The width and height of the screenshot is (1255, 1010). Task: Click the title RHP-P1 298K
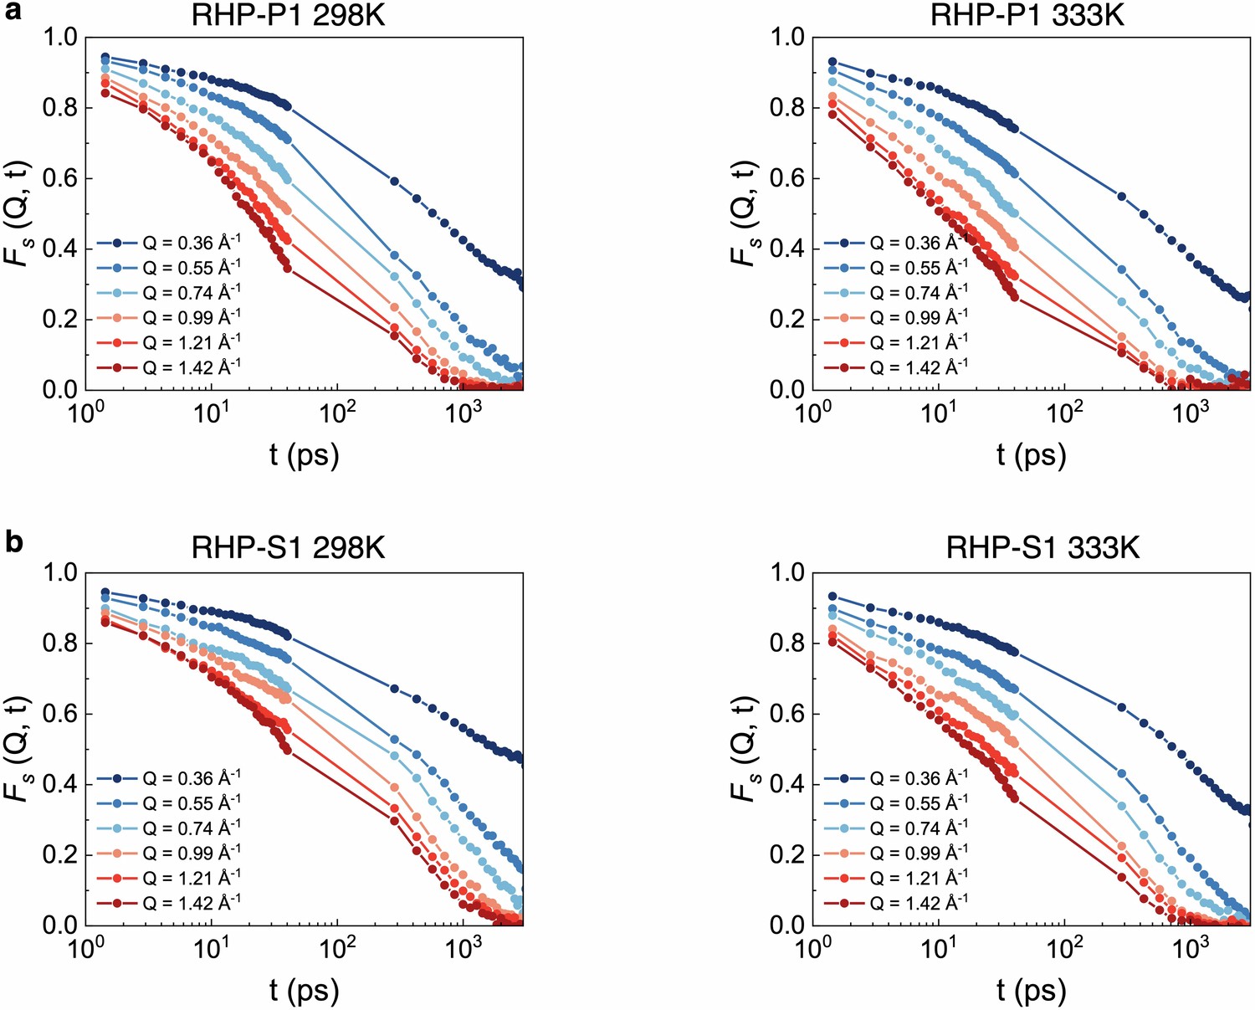pyautogui.click(x=289, y=15)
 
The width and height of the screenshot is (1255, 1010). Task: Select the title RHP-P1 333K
pyautogui.click(x=1027, y=15)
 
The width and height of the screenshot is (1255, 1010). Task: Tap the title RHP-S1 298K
pyautogui.click(x=289, y=549)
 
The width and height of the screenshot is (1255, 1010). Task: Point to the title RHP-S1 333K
pyautogui.click(x=1042, y=549)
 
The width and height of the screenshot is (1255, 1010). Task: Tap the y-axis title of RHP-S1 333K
pyautogui.click(x=743, y=749)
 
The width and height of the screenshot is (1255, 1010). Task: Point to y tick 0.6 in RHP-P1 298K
pyautogui.click(x=59, y=178)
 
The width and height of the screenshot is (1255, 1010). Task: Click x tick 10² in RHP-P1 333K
pyautogui.click(x=1063, y=412)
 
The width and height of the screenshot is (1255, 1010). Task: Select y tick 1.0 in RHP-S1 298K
pyautogui.click(x=59, y=572)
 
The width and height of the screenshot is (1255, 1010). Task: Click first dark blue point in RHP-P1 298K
pyautogui.click(x=105, y=57)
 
